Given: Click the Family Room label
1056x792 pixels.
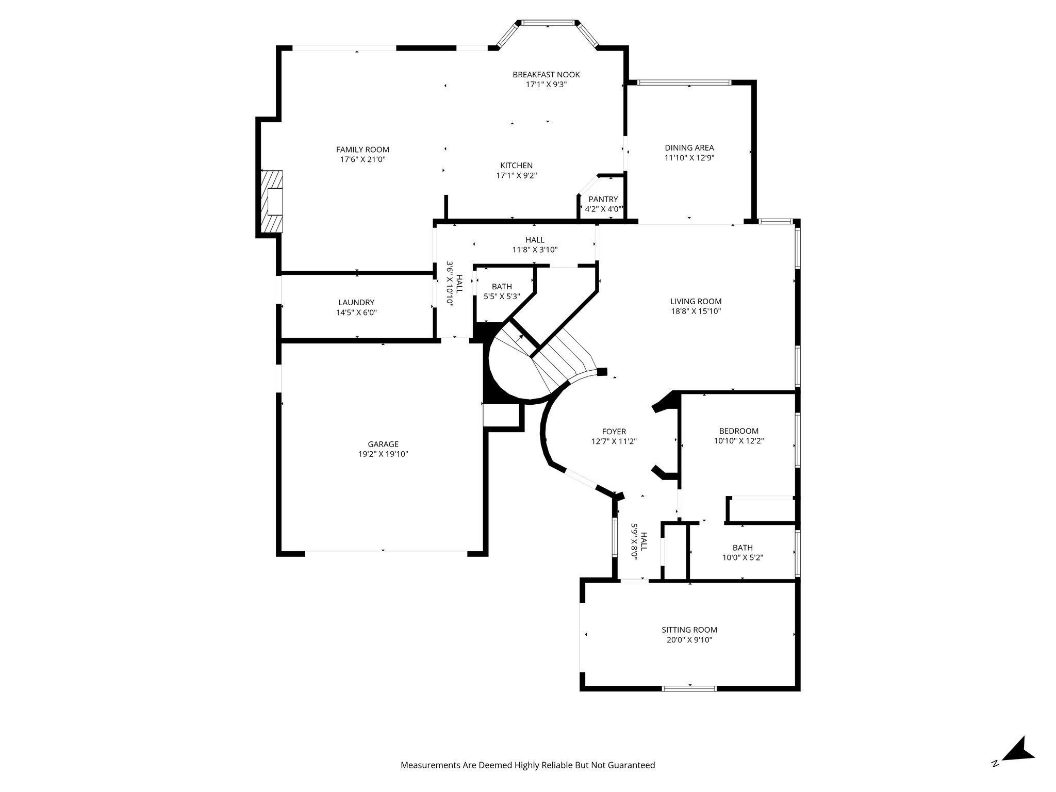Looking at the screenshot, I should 362,150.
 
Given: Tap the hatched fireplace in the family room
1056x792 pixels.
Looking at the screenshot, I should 272,201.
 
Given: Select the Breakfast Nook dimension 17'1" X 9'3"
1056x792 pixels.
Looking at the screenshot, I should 546,85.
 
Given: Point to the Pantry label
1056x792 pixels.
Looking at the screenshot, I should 603,200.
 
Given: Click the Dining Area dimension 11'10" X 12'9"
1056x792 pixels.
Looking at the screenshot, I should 689,158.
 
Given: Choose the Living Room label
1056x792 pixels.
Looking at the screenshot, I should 696,302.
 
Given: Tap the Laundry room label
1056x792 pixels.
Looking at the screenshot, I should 356,303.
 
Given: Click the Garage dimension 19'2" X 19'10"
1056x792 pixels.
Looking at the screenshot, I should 383,454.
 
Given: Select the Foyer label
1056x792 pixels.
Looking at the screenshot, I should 614,432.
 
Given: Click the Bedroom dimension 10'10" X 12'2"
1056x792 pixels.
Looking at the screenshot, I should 738,441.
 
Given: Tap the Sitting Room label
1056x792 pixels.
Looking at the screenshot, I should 689,630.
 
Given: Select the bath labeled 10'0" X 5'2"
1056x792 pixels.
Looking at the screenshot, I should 742,553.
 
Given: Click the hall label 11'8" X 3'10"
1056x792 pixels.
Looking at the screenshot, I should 535,245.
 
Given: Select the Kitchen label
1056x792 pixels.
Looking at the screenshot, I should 516,166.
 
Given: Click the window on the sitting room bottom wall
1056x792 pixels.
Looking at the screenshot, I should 689,688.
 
